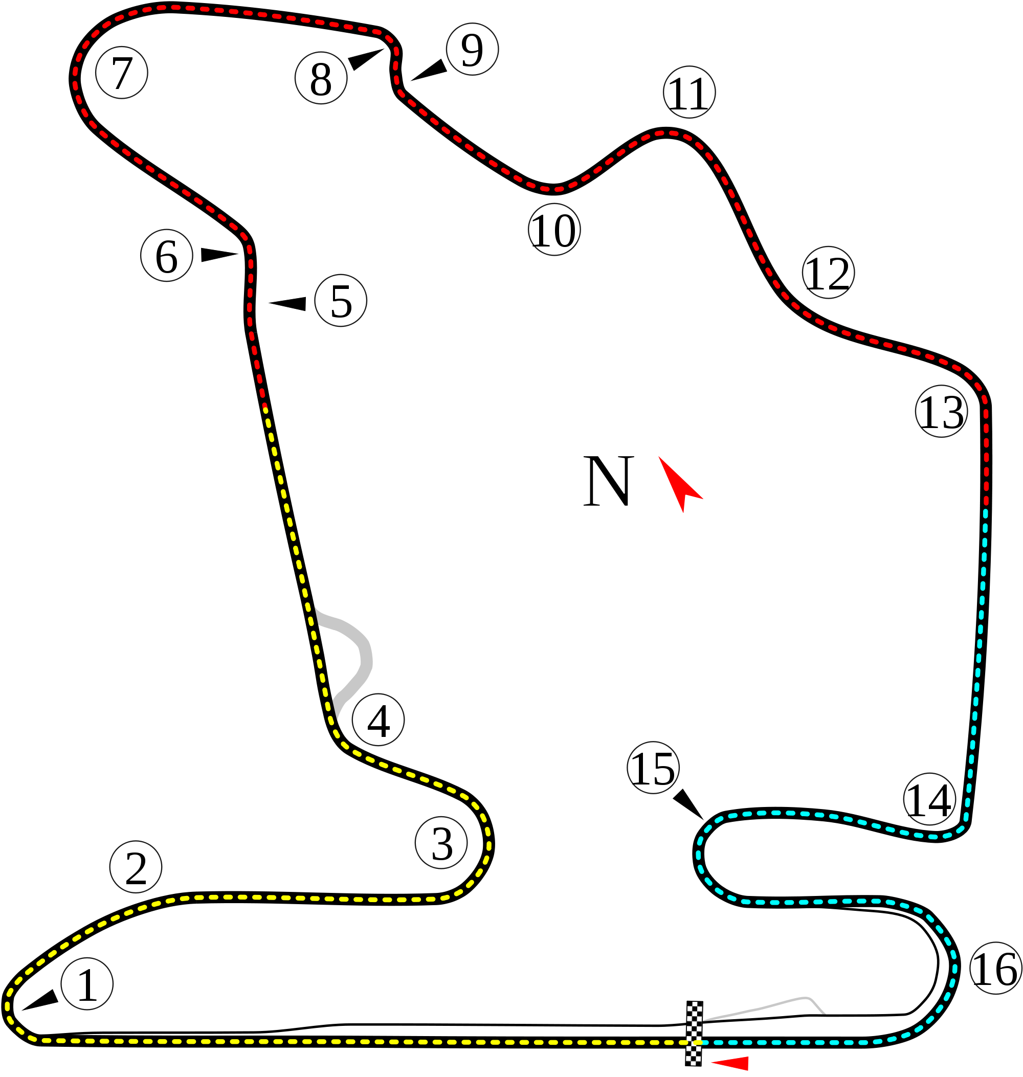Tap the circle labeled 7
click(x=122, y=73)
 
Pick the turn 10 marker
click(x=554, y=230)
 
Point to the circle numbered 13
click(x=941, y=411)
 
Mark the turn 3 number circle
click(x=441, y=842)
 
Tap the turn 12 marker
click(x=828, y=272)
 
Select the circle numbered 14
click(x=929, y=799)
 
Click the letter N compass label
click(x=609, y=480)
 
